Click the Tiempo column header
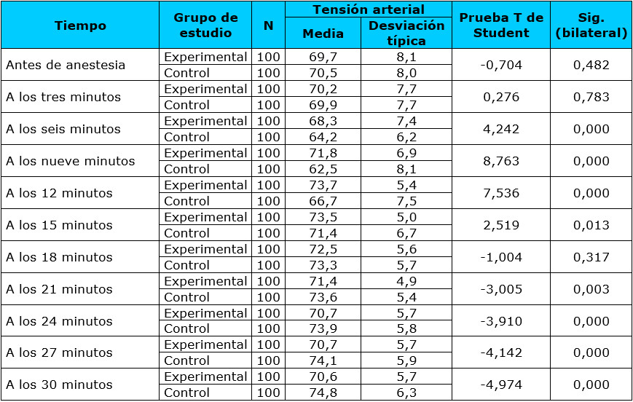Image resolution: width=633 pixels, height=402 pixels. [x=80, y=25]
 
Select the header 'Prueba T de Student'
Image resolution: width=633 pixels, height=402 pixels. [x=501, y=25]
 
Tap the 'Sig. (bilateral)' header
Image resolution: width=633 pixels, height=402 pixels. [x=591, y=25]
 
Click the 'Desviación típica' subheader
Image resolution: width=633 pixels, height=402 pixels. [x=406, y=33]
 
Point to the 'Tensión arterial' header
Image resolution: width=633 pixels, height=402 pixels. [x=368, y=9]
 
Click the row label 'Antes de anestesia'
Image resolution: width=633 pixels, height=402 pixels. [x=66, y=65]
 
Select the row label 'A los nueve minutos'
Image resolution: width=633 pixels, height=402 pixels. [x=70, y=161]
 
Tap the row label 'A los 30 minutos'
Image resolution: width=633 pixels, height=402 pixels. [x=59, y=385]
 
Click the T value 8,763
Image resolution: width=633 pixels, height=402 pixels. [x=501, y=161]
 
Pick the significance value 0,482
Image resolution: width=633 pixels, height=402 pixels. [x=591, y=65]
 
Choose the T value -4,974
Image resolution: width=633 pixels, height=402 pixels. [x=501, y=385]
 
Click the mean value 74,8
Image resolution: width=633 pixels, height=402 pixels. [x=323, y=393]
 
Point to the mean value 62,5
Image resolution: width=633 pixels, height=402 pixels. [x=323, y=169]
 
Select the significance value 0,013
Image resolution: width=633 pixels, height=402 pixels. [x=591, y=225]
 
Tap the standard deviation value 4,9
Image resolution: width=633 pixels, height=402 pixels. [x=406, y=281]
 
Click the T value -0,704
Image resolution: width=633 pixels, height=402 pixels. [x=501, y=65]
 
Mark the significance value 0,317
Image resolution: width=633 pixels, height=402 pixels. [x=591, y=257]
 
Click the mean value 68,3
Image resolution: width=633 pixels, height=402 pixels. [x=323, y=121]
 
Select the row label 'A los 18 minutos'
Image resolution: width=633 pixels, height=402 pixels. [x=59, y=257]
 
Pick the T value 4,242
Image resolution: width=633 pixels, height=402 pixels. [x=501, y=129]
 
